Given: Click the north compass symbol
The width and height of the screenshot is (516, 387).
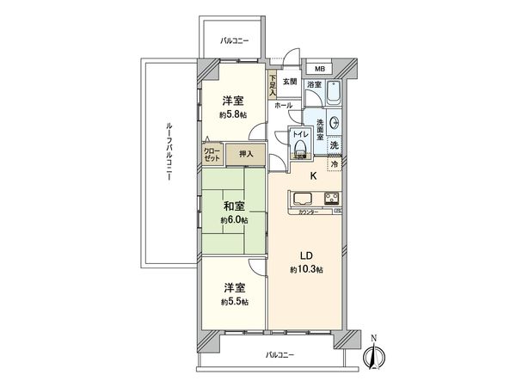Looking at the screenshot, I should [375, 355].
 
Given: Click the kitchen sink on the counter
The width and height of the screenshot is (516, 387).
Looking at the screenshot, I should [306, 200].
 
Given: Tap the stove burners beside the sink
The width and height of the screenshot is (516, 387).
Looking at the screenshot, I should [333, 200].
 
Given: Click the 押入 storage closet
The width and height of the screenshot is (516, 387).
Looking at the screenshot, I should [245, 154].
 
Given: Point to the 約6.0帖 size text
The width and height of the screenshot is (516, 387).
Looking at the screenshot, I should [233, 220].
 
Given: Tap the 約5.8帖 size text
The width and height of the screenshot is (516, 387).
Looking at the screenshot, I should [233, 114].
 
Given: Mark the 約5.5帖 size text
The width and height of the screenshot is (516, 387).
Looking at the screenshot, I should [233, 302].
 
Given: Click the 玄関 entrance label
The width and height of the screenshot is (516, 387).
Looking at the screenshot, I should [292, 83].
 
